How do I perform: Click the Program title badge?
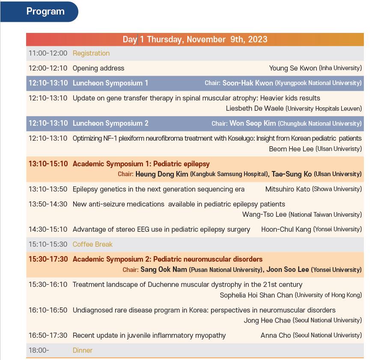39,12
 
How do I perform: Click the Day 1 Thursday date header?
195,39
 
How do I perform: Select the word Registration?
91,53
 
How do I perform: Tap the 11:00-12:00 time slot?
48,53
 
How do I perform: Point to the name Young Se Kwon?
293,68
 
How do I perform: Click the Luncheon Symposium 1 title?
110,83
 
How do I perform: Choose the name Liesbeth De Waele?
255,109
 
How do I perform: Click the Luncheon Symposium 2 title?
110,123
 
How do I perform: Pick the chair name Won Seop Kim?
253,123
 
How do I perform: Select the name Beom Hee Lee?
291,149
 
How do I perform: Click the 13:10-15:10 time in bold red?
48,164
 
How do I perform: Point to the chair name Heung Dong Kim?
162,174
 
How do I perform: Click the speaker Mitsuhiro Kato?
288,189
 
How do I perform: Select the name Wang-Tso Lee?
264,215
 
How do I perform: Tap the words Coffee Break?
92,245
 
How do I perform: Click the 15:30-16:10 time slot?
48,285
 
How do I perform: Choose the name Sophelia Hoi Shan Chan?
256,295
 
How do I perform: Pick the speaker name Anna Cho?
276,335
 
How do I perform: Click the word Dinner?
83,351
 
